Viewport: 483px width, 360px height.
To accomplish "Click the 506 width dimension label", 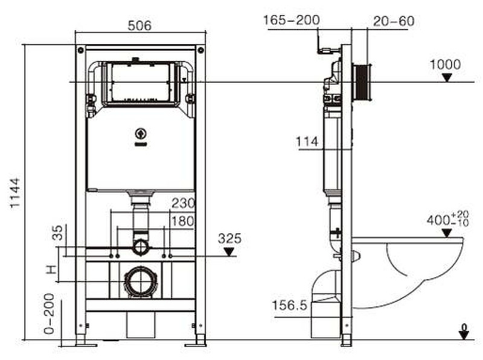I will (x=139, y=25).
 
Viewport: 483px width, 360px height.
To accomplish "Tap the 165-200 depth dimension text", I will (x=291, y=21).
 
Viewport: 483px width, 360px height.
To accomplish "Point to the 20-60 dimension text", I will (x=394, y=21).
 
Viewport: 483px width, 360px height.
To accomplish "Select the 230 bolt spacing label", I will (x=183, y=204).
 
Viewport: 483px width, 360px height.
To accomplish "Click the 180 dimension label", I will (x=183, y=220).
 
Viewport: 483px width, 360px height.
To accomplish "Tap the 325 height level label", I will (x=229, y=239).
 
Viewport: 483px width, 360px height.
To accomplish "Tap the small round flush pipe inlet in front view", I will (x=140, y=246).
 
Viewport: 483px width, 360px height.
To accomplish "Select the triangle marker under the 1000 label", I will (x=446, y=77).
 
